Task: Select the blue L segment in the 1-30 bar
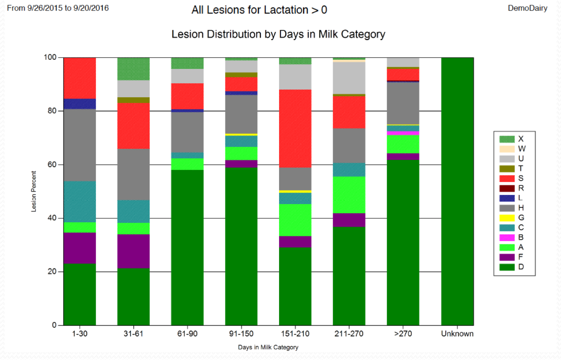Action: click(x=80, y=104)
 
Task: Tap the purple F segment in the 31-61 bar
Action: click(x=133, y=251)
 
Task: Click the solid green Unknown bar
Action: click(x=457, y=191)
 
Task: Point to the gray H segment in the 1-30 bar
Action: click(x=80, y=145)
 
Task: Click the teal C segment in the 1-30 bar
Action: click(x=80, y=202)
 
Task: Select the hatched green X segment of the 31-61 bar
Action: click(x=133, y=69)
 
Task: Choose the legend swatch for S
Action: click(x=507, y=178)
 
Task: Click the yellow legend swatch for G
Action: click(x=507, y=218)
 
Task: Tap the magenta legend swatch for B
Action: click(x=507, y=237)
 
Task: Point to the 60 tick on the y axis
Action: click(x=52, y=165)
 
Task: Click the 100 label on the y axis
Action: click(x=50, y=57)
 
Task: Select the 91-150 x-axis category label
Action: click(x=241, y=334)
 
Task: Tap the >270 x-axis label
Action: click(x=403, y=334)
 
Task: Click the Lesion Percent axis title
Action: click(x=34, y=191)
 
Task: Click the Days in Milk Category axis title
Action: click(x=268, y=347)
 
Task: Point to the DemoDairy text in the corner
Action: click(x=527, y=8)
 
